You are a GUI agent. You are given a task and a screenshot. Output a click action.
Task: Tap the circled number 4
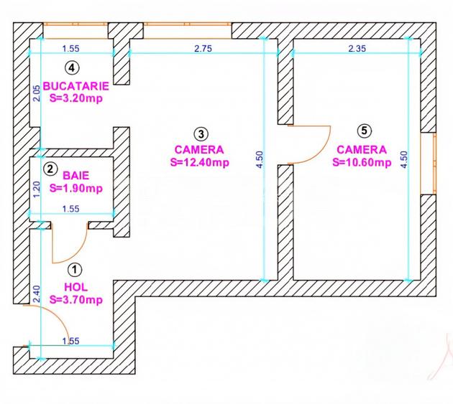(x=70, y=68)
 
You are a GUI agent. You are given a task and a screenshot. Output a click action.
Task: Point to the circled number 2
(x=50, y=169)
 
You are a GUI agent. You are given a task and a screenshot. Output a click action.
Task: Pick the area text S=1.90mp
(x=76, y=188)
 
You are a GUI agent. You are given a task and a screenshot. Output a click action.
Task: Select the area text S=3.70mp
(x=75, y=299)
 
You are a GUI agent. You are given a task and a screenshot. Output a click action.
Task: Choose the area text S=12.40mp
(x=200, y=162)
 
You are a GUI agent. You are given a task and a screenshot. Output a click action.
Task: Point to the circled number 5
(x=365, y=131)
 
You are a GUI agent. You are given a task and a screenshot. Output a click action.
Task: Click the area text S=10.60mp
(x=362, y=162)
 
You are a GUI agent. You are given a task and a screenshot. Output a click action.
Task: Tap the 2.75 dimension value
(x=203, y=49)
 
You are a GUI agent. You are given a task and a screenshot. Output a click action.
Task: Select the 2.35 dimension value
(x=357, y=49)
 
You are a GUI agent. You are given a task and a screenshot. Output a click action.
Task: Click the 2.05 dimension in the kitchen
(x=33, y=93)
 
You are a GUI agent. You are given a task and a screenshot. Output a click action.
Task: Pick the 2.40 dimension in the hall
(x=33, y=294)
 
